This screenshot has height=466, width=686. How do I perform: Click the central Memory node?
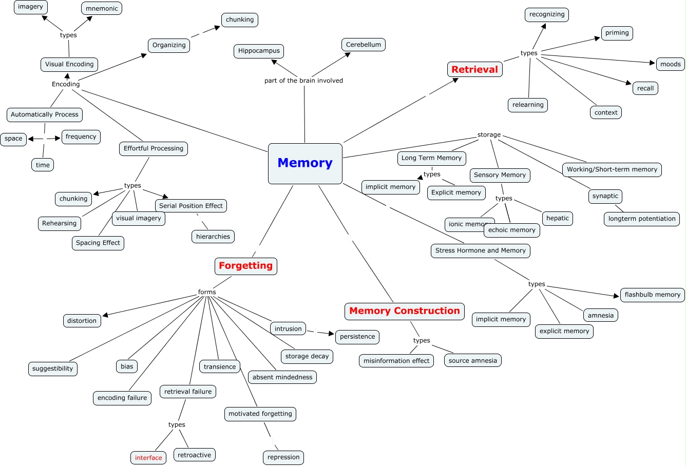pos(305,163)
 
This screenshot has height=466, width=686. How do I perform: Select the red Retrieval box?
pos(474,69)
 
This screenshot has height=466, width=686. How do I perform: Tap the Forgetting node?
pos(245,266)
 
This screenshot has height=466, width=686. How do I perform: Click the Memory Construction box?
pos(404,311)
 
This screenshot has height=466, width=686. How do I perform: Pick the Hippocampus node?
pos(259,51)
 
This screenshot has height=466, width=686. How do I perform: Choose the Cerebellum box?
pos(363,45)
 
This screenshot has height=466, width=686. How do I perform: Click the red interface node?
pos(148,458)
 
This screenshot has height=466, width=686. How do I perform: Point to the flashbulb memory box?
pos(652,295)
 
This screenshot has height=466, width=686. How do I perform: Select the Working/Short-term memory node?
pos(612,169)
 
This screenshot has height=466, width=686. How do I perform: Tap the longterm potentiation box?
pos(642,219)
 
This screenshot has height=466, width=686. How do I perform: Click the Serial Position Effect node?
pos(190,206)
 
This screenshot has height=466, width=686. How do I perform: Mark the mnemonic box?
pos(102,8)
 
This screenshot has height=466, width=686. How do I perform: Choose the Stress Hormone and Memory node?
pos(480,250)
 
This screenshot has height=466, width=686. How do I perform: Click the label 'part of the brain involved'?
pos(303,81)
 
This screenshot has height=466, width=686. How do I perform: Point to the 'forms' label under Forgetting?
pos(207,292)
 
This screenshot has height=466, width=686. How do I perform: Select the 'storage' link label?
pos(489,135)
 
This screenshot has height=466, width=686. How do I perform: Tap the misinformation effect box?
pos(396,361)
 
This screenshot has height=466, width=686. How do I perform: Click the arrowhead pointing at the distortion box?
pos(105,315)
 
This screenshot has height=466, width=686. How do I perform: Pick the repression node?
pos(283,457)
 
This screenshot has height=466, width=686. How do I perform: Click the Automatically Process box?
pos(45,114)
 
